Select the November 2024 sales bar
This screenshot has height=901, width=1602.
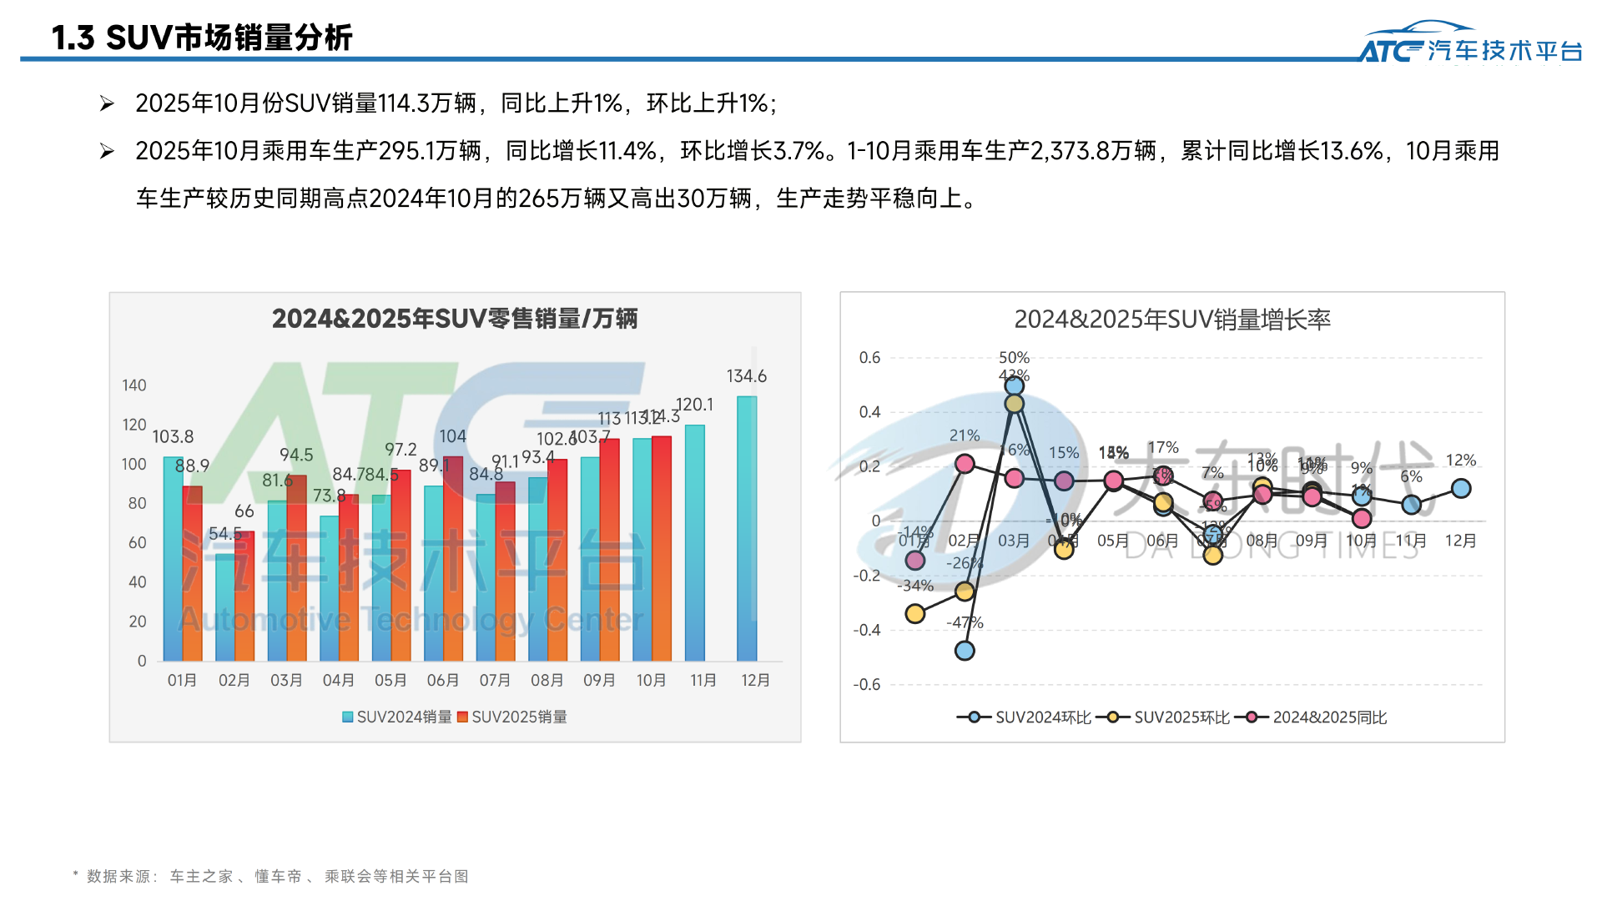tap(694, 542)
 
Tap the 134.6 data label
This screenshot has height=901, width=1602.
tap(747, 376)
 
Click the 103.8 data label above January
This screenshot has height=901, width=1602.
tap(173, 436)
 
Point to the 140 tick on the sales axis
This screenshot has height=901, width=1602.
tap(134, 385)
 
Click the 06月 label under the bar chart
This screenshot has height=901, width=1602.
tap(443, 681)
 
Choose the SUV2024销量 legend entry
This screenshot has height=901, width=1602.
tap(397, 717)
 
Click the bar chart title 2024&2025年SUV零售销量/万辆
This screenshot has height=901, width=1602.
tap(455, 319)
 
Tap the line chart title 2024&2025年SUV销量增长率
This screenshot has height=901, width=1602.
tap(1172, 320)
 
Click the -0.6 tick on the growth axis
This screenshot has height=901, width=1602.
tap(867, 685)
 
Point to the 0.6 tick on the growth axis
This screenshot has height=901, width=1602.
tap(869, 358)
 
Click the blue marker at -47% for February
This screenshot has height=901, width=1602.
tap(965, 651)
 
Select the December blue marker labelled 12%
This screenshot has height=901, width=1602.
tap(1461, 489)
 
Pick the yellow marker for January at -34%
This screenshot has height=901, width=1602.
tap(915, 614)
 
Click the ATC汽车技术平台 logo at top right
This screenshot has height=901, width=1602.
tap(1470, 43)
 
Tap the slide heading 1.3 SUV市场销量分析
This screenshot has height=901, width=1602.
tap(202, 38)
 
